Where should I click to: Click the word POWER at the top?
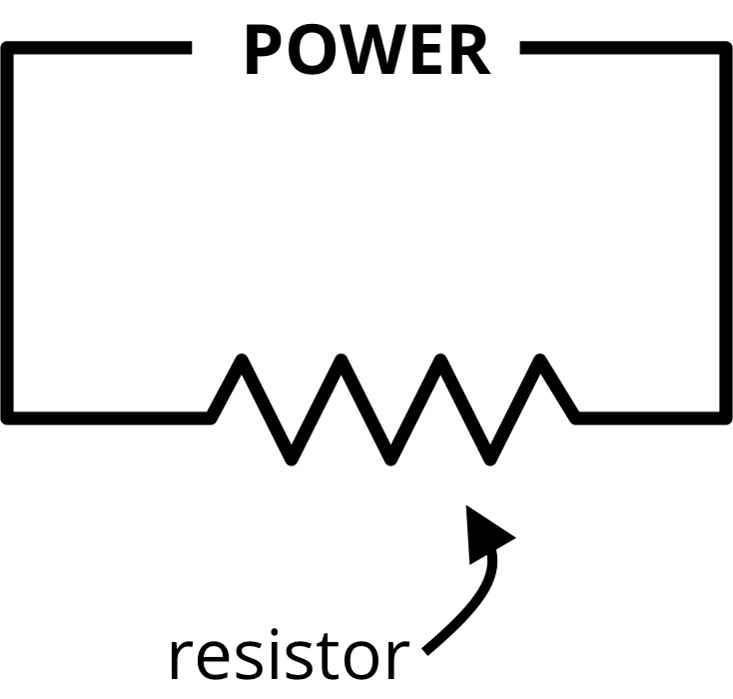366,51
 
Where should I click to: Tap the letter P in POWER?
262,51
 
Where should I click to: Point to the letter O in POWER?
311,51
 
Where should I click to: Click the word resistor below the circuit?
288,656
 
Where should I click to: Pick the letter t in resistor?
334,656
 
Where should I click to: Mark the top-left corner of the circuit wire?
10,48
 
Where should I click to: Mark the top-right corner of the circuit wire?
725,48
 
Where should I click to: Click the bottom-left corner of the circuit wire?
10,415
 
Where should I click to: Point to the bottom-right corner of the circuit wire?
725,415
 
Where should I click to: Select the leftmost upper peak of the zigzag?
241,360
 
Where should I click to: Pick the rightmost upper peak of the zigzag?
541,360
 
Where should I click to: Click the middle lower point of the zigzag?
391,457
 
